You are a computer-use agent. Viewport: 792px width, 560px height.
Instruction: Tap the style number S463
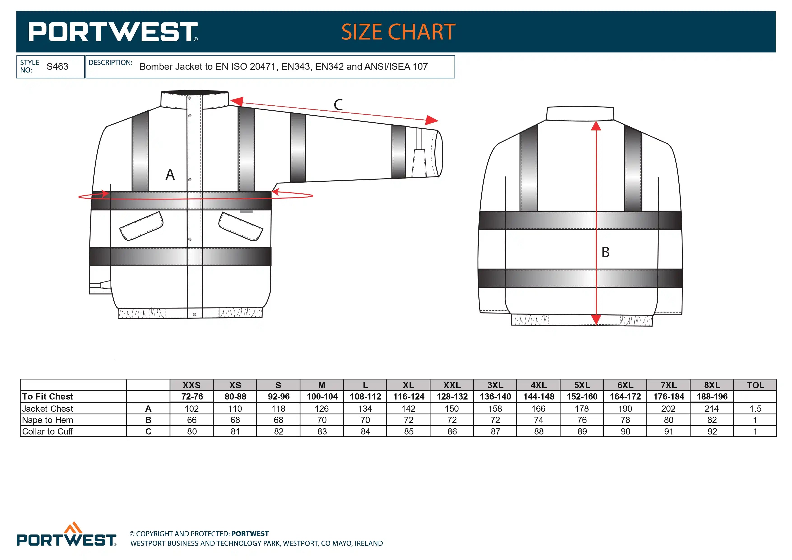click(57, 67)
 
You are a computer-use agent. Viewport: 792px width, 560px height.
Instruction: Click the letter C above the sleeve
click(338, 105)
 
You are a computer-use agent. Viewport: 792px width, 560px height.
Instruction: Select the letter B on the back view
click(605, 252)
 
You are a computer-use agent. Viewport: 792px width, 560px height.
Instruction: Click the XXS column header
click(191, 385)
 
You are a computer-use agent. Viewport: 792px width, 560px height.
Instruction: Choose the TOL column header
click(755, 385)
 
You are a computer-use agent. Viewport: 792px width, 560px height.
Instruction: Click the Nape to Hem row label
click(48, 420)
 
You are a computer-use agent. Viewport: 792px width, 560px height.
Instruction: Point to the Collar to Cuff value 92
click(712, 431)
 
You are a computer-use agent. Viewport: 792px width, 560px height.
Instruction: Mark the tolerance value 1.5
click(755, 409)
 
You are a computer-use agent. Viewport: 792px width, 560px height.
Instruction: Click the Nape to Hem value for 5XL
click(582, 420)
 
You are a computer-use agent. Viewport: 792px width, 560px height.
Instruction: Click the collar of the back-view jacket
click(580, 114)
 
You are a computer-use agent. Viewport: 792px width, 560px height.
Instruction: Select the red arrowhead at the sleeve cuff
click(431, 120)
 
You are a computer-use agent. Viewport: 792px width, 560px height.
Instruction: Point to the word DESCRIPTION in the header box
click(110, 63)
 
